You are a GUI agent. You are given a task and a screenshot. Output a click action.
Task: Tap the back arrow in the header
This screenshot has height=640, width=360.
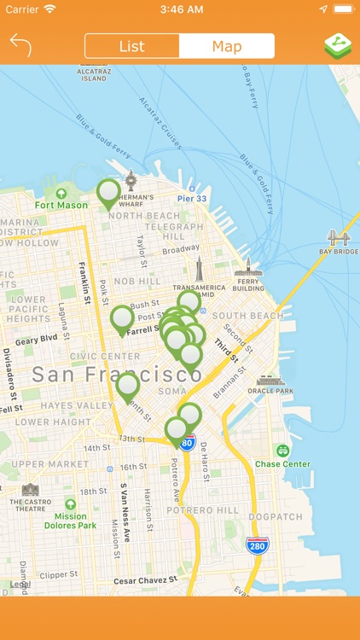point(20,45)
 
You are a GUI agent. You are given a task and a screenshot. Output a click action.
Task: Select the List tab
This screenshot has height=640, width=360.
point(132,46)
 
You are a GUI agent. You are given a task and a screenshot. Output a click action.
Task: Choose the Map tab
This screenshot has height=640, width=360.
point(227,46)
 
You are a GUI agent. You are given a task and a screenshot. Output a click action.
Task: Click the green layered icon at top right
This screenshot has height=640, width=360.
point(338,46)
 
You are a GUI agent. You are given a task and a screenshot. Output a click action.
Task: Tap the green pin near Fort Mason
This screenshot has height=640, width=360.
point(108,193)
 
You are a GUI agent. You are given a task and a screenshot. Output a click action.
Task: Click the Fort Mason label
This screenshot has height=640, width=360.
point(61,205)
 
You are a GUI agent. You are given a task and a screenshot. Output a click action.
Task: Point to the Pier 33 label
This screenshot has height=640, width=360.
point(192,199)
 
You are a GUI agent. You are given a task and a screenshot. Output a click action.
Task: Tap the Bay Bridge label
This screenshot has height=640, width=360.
point(338,252)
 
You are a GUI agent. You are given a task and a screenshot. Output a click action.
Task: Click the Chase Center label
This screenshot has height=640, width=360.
point(282,464)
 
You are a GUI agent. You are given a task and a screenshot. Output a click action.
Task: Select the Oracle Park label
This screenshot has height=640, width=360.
point(270,391)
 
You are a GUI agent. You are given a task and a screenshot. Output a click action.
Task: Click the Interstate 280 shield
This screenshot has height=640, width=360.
point(255,544)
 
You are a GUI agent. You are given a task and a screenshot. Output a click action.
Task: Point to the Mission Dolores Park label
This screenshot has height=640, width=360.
point(70,521)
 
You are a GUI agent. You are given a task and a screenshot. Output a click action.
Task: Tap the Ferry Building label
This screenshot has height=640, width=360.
point(249,284)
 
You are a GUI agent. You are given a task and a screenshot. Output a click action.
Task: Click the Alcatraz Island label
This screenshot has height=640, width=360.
point(94,74)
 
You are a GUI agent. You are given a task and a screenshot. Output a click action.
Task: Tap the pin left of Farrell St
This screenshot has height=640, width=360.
point(122,318)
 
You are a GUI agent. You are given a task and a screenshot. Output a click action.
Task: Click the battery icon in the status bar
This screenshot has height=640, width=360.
point(343,9)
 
